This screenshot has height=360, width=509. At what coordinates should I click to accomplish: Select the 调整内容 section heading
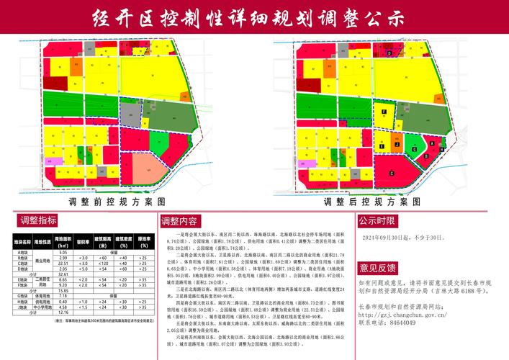point(184,220)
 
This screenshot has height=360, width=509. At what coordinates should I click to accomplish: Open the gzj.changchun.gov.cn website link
point(418,315)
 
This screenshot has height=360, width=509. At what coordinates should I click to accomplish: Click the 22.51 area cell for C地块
point(62,264)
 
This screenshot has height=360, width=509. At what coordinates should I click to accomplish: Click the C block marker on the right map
point(391,174)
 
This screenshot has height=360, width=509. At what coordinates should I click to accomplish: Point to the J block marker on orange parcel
point(396,144)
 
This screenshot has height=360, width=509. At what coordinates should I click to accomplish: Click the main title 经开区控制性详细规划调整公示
point(254,17)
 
